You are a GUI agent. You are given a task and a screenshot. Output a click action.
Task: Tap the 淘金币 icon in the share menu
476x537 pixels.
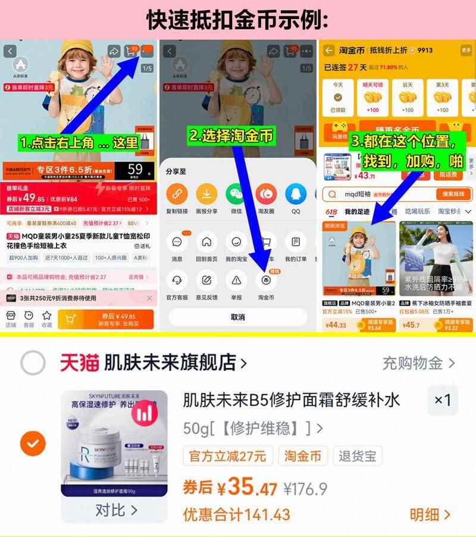point(266,279)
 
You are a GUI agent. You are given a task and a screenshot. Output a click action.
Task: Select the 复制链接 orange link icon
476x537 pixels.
point(177,194)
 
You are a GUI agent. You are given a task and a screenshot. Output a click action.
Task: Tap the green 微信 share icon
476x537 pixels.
point(236,194)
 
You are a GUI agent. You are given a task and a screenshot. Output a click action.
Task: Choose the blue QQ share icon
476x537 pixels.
point(296,194)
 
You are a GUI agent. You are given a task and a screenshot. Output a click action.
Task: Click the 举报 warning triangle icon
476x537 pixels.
point(236,279)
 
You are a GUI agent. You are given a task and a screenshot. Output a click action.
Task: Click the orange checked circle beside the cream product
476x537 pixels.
point(33,443)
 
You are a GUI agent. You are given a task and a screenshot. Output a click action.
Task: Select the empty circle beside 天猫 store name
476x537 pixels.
point(33,362)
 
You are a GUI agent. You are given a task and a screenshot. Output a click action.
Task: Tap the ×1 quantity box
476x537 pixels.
point(443,400)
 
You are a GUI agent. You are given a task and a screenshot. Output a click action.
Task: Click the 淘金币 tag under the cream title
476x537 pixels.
point(302,456)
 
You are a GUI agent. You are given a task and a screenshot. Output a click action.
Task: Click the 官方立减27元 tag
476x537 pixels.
point(227,456)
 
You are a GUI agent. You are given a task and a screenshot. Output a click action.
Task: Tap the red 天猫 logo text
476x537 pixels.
point(79,362)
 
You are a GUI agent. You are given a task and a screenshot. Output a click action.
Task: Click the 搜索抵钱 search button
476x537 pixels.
point(453,194)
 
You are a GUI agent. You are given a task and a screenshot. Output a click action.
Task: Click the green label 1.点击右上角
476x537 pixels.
point(79,143)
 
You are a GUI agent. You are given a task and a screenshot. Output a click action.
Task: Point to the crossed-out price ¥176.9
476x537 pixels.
point(305,489)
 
